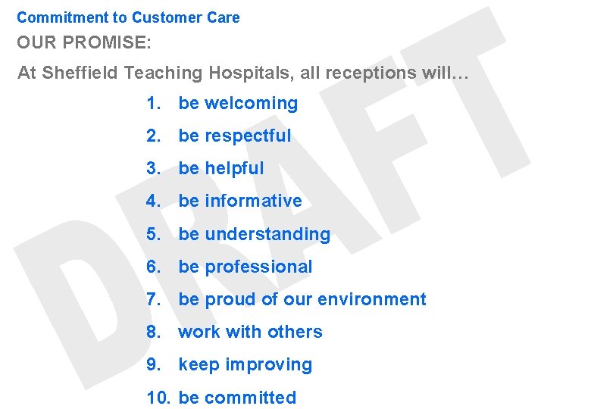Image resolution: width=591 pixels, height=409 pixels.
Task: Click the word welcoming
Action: pyautogui.click(x=252, y=103)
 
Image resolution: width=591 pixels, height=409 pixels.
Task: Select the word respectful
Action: pyautogui.click(x=248, y=136)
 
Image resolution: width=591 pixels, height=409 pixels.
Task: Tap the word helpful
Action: pyautogui.click(x=234, y=168)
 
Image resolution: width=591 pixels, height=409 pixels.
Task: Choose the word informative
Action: pyautogui.click(x=253, y=201)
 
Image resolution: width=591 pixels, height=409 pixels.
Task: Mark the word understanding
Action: pyautogui.click(x=267, y=234)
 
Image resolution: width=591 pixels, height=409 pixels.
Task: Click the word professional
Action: pyautogui.click(x=258, y=267)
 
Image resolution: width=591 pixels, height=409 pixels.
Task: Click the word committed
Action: pyautogui.click(x=250, y=398)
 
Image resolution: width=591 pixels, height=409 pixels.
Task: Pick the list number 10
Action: pyautogui.click(x=158, y=398)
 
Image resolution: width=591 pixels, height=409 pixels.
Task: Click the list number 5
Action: pyautogui.click(x=154, y=234)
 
